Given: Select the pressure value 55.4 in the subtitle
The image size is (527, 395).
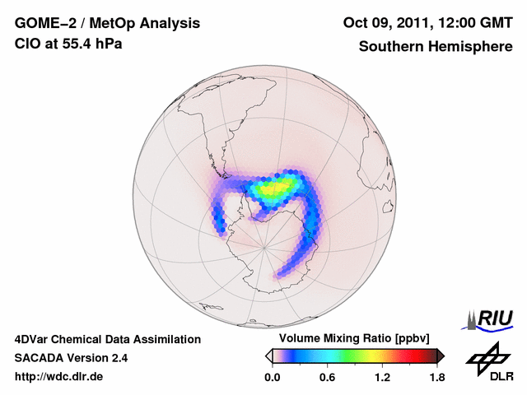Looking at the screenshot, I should (73, 44).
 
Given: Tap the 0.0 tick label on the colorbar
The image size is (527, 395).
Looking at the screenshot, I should (273, 378).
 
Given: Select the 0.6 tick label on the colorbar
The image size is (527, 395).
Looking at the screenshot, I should (327, 378).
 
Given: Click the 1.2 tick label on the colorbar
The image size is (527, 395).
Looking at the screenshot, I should (382, 378).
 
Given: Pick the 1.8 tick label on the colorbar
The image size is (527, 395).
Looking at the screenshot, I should (436, 378).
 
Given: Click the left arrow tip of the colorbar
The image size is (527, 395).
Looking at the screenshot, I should (268, 355).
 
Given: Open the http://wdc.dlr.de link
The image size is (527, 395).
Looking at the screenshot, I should (59, 378).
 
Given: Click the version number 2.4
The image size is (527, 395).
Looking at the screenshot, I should (118, 358).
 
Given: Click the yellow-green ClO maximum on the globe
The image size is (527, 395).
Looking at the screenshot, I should (276, 189).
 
